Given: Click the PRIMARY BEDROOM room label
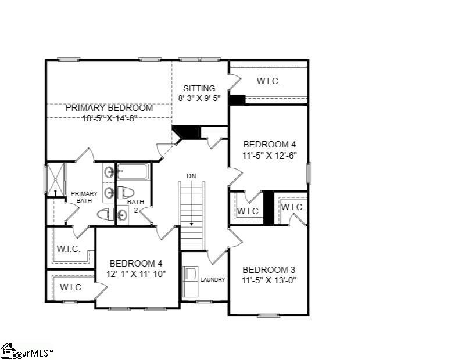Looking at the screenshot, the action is (x=109, y=108).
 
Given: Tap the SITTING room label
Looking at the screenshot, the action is (x=199, y=88).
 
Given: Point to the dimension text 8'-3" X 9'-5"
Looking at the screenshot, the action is (x=199, y=98).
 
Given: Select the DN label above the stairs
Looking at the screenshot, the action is (x=191, y=176).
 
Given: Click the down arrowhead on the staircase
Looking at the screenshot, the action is (x=192, y=224).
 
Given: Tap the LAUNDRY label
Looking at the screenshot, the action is (x=213, y=279).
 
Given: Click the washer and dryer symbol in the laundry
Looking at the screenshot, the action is (x=191, y=282).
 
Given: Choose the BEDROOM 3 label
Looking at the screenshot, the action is (x=269, y=270).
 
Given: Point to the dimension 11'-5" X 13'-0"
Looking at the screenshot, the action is (x=269, y=280).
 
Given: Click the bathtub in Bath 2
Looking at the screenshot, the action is (x=133, y=172).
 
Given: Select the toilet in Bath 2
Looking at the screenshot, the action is (x=126, y=192).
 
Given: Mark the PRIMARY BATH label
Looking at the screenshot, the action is (x=84, y=197).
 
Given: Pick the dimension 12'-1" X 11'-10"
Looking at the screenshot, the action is (x=137, y=274).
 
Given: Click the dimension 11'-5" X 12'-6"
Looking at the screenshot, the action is (x=270, y=156).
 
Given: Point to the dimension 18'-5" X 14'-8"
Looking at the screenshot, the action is (x=109, y=118).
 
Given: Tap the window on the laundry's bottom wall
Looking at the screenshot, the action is (x=204, y=302).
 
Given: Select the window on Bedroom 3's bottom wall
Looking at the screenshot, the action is (x=268, y=315).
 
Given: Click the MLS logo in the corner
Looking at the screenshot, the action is (x=27, y=351).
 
